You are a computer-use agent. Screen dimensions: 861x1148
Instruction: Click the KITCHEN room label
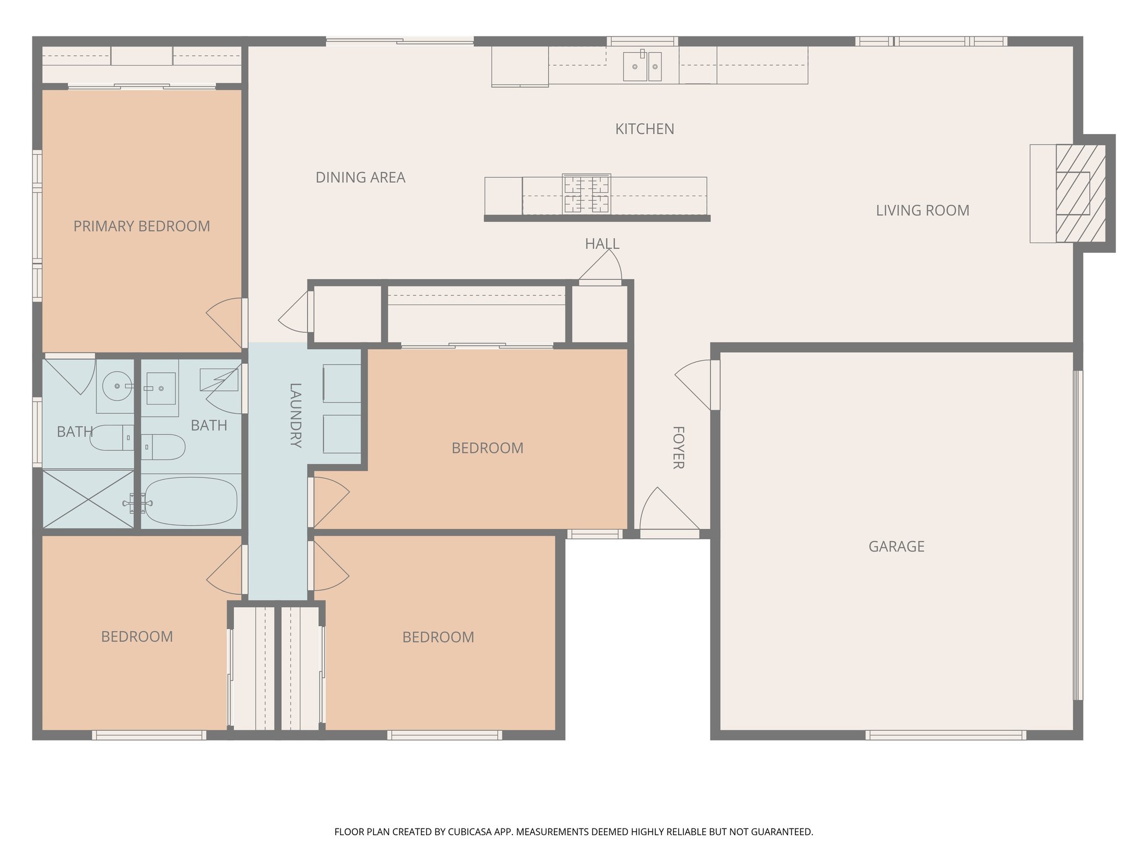click(x=644, y=129)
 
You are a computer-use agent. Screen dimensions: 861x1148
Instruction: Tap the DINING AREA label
click(x=360, y=178)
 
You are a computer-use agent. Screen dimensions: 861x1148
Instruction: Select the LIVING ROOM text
click(x=922, y=211)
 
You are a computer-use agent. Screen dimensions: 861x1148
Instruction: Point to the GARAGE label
click(x=896, y=547)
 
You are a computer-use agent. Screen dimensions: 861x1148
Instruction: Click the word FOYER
click(x=678, y=447)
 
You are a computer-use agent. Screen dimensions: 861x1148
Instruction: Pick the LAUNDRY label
click(x=295, y=415)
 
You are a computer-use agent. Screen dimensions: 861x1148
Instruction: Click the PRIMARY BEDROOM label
click(x=141, y=226)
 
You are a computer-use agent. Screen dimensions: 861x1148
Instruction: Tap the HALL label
click(x=601, y=244)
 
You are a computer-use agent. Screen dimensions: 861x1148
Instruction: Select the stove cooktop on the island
click(x=586, y=194)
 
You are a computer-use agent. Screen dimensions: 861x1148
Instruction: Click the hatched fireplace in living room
click(x=1080, y=193)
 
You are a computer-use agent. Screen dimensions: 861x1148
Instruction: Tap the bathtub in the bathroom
click(x=191, y=501)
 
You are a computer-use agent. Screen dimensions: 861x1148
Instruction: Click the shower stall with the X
click(x=88, y=499)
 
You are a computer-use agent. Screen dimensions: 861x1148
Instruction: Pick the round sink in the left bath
click(x=116, y=386)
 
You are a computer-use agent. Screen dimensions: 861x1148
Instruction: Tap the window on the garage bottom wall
click(x=946, y=734)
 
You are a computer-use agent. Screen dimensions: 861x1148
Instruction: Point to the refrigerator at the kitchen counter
click(x=520, y=66)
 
